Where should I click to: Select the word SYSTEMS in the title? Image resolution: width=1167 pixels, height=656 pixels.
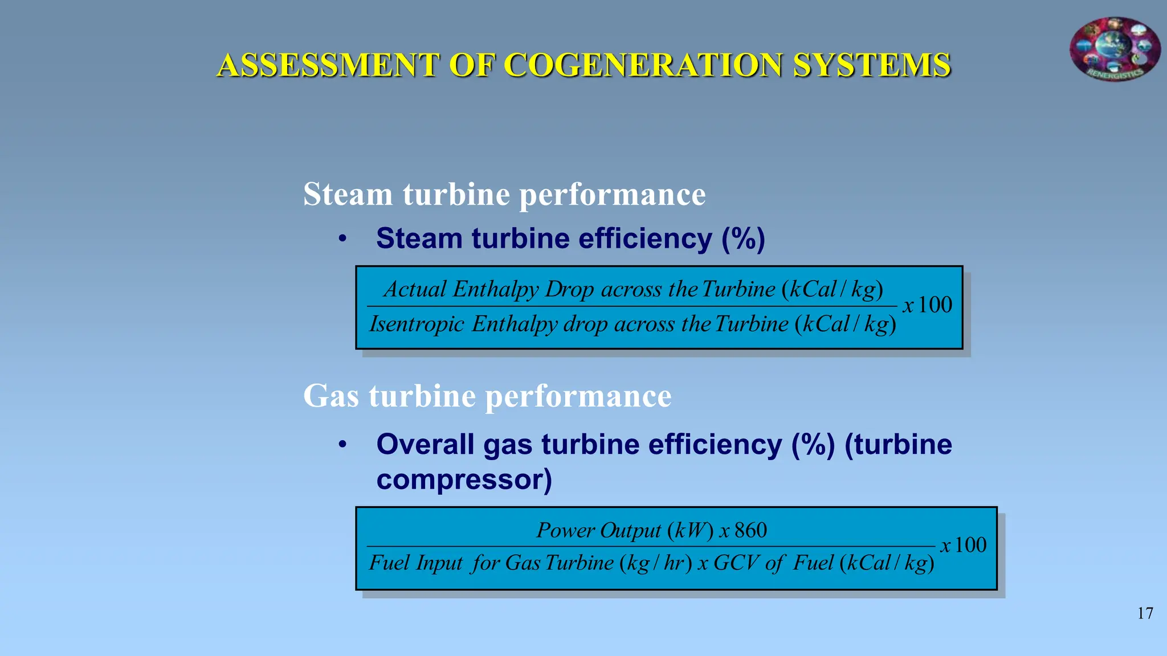[871, 65]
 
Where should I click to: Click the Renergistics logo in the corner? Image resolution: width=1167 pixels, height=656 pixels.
[1115, 49]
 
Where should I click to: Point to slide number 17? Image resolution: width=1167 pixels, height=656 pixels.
[1145, 613]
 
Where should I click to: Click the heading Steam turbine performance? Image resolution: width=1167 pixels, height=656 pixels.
[504, 194]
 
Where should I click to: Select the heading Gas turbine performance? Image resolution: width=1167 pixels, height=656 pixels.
[487, 396]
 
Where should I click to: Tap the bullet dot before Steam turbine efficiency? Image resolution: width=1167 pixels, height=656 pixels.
[342, 239]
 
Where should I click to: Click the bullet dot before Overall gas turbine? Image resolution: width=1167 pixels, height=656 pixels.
[342, 445]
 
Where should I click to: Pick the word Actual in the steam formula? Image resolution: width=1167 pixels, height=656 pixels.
[415, 289]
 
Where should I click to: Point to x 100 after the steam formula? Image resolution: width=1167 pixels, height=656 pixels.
[928, 305]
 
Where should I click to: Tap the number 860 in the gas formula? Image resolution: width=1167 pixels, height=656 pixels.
[750, 531]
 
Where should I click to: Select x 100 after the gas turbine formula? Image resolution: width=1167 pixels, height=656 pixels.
[963, 546]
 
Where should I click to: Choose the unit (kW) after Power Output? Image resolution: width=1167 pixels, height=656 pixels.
[691, 531]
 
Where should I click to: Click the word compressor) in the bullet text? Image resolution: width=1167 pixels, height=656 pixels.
[464, 479]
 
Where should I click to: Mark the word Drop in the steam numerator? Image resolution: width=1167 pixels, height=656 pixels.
[570, 289]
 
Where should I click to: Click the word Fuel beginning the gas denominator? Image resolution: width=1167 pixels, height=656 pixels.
[389, 563]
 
